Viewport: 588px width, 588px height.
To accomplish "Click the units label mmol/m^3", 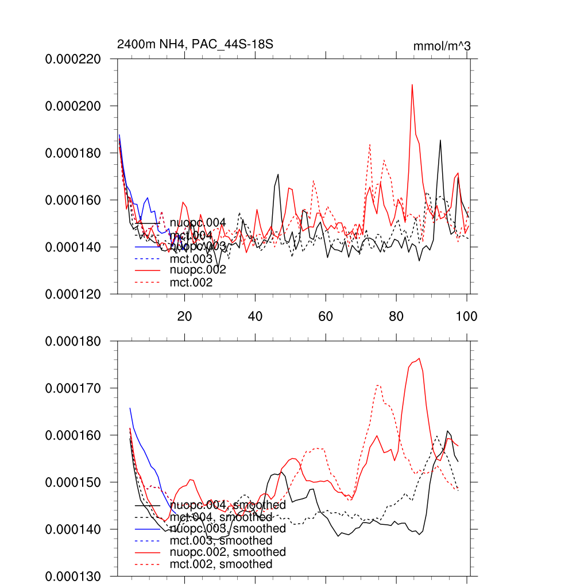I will (x=442, y=47).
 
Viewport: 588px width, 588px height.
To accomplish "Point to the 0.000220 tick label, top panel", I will (x=73, y=59).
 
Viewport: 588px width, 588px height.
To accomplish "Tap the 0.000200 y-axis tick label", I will (x=73, y=106).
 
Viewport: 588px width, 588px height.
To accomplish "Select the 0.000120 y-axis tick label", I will (x=73, y=294).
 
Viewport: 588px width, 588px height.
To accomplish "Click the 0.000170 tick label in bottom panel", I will (x=73, y=388).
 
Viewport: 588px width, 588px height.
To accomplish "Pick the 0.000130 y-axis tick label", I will (x=73, y=576).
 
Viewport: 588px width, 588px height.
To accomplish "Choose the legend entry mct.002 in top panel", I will (x=191, y=283).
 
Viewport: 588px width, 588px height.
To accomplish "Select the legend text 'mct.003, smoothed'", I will (x=221, y=540).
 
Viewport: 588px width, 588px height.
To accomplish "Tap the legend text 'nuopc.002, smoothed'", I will (x=227, y=552).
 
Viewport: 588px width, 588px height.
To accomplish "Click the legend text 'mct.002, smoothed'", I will (x=221, y=564).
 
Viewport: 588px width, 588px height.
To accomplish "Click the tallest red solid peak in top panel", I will (x=412, y=85).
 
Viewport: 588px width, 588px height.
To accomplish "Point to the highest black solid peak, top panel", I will (x=440, y=140).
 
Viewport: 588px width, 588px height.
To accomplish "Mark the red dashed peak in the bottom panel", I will (x=378, y=385).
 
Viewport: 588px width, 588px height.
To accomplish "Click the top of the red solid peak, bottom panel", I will (x=420, y=358).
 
